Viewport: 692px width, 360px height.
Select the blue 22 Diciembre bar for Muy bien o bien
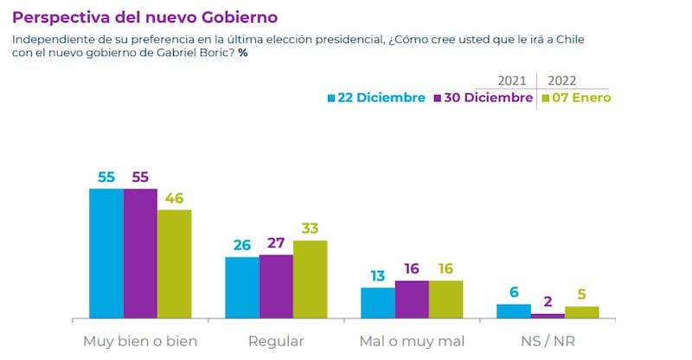[106, 252]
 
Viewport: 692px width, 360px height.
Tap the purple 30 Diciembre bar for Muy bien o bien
[140, 252]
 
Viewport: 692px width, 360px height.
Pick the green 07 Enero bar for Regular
[310, 278]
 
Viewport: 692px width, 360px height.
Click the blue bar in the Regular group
[242, 286]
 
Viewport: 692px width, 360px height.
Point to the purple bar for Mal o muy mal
[412, 299]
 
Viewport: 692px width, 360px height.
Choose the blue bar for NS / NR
[514, 310]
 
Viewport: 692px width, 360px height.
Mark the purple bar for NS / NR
[548, 315]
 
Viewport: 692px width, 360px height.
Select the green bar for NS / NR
[581, 312]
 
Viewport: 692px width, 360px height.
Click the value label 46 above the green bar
[174, 199]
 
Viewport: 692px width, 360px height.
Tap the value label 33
[310, 229]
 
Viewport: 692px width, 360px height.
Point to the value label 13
[378, 276]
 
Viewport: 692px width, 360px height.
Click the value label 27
[276, 243]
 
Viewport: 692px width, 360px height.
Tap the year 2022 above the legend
[563, 78]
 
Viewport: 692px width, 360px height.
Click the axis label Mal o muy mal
[412, 341]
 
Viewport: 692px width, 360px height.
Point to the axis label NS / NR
[548, 341]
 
